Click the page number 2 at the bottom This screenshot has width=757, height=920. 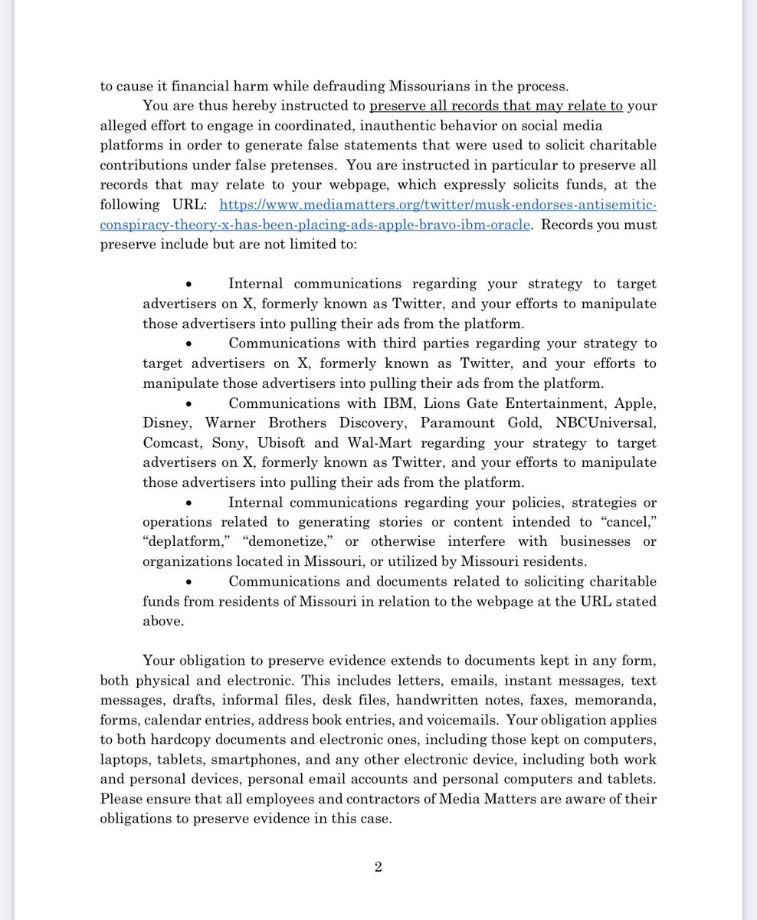pos(378,868)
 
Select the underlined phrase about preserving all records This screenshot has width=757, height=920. pos(496,106)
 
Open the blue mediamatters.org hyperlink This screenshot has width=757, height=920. pos(438,205)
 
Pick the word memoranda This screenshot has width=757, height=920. pos(617,701)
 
